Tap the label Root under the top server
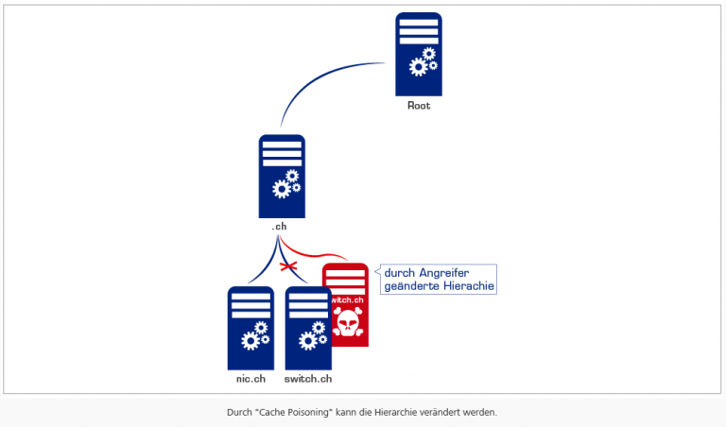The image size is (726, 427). [419, 106]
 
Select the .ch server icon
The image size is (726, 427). [282, 176]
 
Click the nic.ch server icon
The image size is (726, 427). [251, 327]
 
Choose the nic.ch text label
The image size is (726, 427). [251, 379]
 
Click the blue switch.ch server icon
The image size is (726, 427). [308, 327]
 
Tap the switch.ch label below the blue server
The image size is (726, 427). [308, 379]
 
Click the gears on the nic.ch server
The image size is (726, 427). [254, 334]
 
